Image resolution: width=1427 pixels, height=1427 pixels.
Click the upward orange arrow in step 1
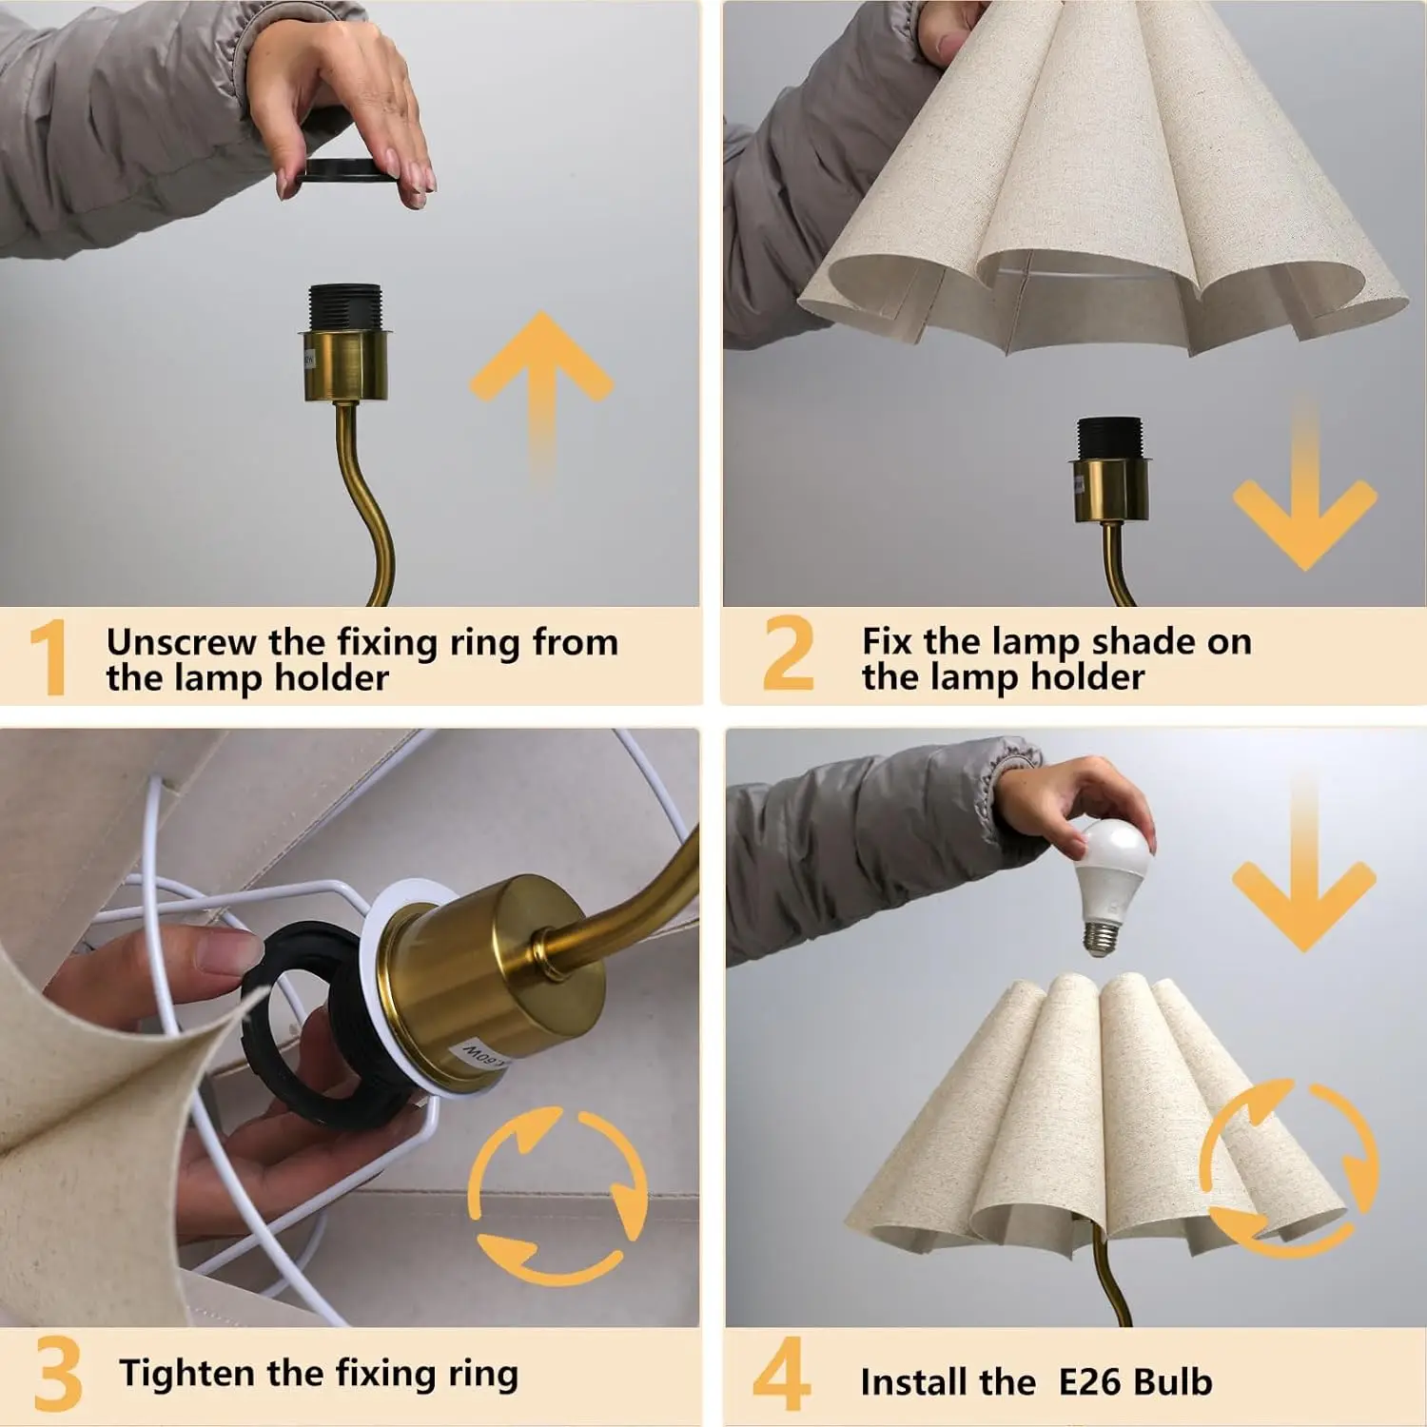[540, 390]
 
